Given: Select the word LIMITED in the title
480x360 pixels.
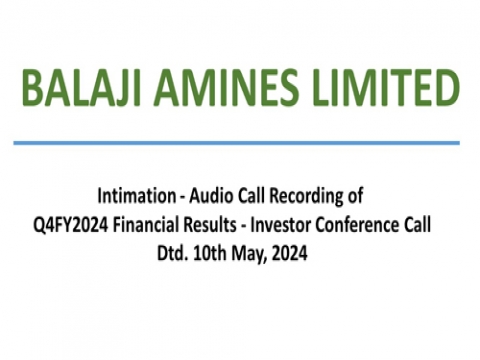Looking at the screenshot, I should pyautogui.click(x=375, y=91).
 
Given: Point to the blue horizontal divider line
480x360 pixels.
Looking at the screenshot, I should pyautogui.click(x=240, y=143).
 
